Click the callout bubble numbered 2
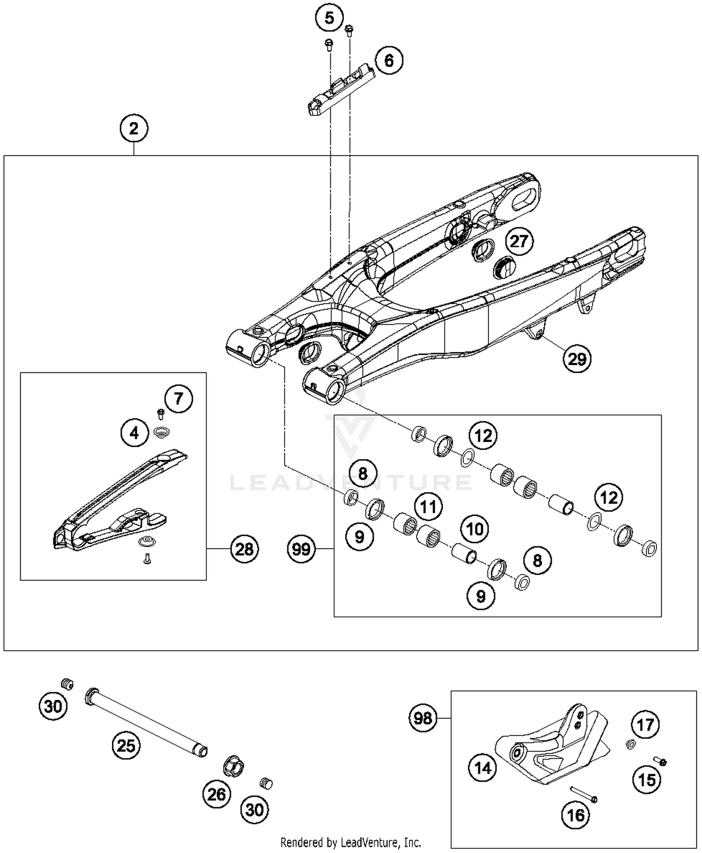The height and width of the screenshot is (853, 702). click(x=134, y=128)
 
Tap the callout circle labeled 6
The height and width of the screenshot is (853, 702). click(x=389, y=60)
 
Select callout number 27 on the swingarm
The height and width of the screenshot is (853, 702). click(x=519, y=242)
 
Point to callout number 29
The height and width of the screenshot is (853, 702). click(x=577, y=359)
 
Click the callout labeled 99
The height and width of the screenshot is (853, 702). click(x=301, y=549)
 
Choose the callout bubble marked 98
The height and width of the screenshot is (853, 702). click(x=423, y=718)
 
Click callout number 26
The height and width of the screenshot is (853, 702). click(x=217, y=794)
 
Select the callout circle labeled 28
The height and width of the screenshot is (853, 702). click(x=244, y=549)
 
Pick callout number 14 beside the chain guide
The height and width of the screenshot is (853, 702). click(x=483, y=768)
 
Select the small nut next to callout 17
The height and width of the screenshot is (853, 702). click(x=630, y=743)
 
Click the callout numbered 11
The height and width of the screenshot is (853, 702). click(x=428, y=507)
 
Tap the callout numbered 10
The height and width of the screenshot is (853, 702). click(x=475, y=529)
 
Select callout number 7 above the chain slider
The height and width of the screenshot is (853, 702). click(x=178, y=399)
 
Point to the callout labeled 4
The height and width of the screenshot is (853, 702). click(x=134, y=433)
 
